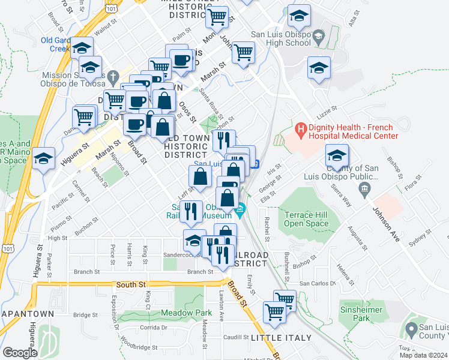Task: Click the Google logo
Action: [20, 353]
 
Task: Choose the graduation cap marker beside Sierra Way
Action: [337, 155]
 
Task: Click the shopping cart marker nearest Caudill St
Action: [274, 312]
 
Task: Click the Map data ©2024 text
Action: [424, 355]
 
